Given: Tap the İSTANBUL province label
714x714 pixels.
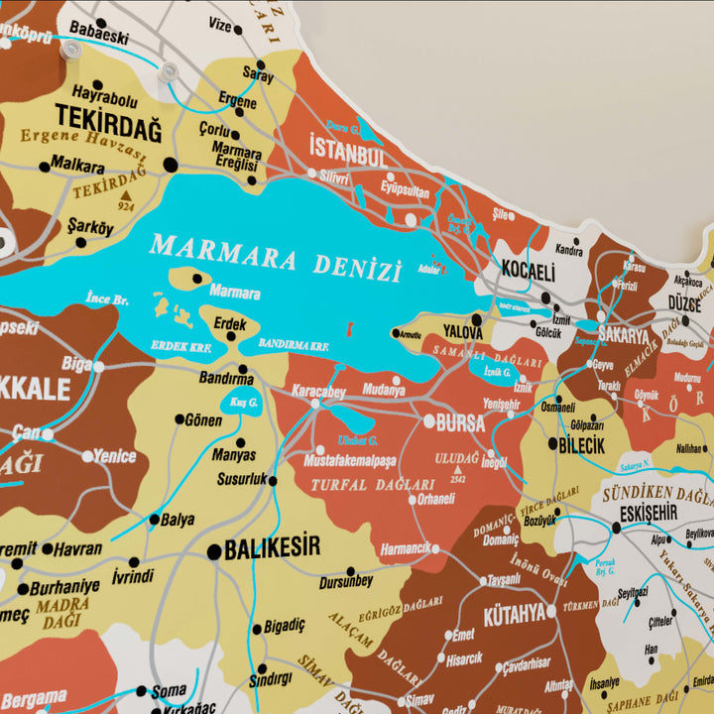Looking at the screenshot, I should click(x=347, y=153).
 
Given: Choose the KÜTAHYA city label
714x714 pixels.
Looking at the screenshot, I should click(x=514, y=614).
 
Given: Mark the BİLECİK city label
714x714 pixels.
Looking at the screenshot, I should click(x=581, y=445).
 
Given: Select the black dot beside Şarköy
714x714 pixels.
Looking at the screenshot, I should click(x=80, y=242).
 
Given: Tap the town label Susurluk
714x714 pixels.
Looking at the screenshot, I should click(x=242, y=479).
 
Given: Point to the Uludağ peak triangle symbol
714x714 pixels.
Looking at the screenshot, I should click(x=458, y=467).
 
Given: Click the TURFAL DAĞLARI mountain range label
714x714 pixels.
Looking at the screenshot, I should click(x=372, y=485).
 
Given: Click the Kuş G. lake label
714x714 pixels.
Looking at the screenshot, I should click(x=243, y=403).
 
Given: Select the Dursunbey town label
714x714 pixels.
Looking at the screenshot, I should click(x=346, y=582).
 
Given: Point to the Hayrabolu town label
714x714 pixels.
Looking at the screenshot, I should click(x=105, y=97).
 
